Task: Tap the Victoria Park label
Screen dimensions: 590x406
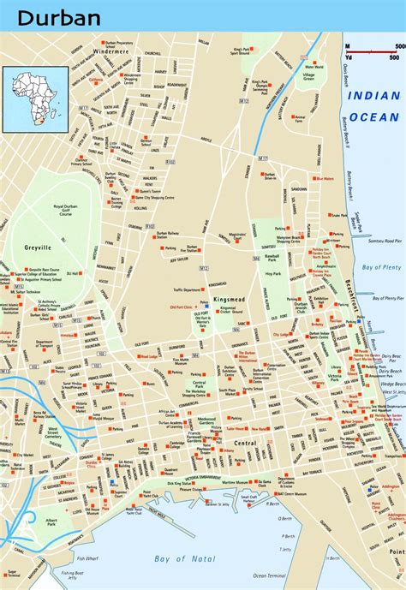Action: point(342,378)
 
